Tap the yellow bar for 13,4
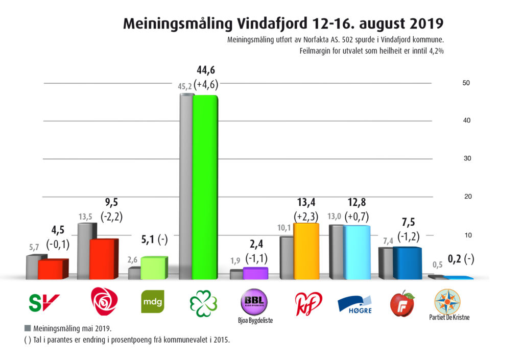click(306, 251)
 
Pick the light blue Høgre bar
click(356, 252)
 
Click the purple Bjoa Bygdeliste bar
click(255, 273)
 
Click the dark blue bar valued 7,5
click(407, 263)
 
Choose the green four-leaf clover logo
click(203, 303)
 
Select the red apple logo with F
click(401, 304)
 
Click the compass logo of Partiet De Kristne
click(447, 302)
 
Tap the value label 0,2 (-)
click(461, 259)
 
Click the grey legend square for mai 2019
click(27, 327)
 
